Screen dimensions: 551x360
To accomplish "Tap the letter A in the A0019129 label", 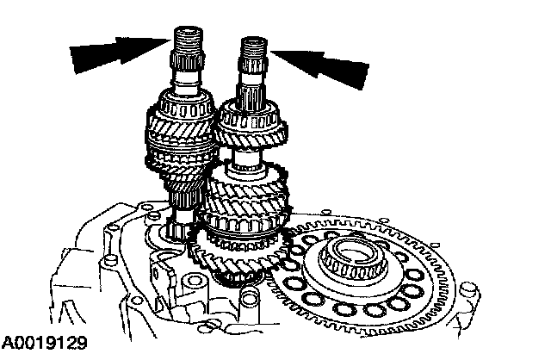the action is click(x=8, y=344).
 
